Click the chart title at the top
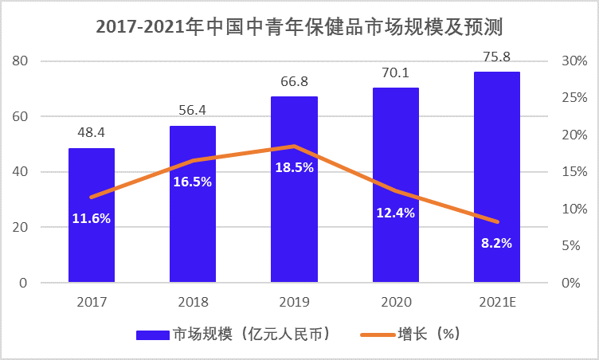click(x=299, y=26)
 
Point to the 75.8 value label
click(x=496, y=57)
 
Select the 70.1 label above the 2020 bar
click(x=395, y=73)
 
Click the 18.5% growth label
click(x=294, y=168)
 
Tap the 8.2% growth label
click(x=496, y=243)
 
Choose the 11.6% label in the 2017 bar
click(x=92, y=217)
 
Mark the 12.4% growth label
click(x=395, y=213)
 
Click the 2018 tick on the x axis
click(x=193, y=303)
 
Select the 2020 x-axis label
click(x=395, y=303)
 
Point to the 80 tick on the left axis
click(x=22, y=61)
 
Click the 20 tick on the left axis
click(x=22, y=228)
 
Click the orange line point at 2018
click(x=193, y=160)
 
